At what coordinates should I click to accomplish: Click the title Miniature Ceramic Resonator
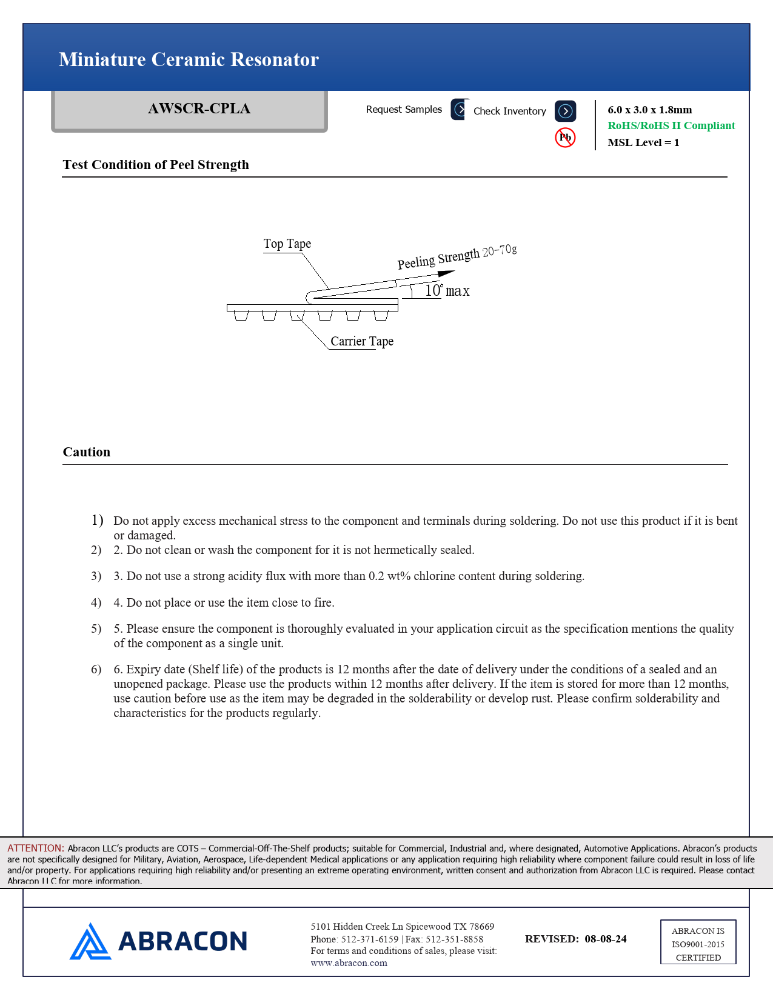pyautogui.click(x=189, y=59)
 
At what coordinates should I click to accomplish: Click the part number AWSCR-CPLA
pyautogui.click(x=199, y=108)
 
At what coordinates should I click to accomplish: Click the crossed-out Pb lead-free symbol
pyautogui.click(x=565, y=138)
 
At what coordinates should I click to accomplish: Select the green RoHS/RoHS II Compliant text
pyautogui.click(x=671, y=125)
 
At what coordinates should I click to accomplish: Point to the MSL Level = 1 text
pyautogui.click(x=643, y=142)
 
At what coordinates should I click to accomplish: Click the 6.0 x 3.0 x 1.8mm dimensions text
pyautogui.click(x=649, y=110)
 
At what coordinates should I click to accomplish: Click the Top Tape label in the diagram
pyautogui.click(x=287, y=244)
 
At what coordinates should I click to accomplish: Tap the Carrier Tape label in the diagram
pyautogui.click(x=362, y=341)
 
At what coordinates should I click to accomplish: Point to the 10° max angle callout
pyautogui.click(x=447, y=291)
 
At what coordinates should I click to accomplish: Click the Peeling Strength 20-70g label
pyautogui.click(x=457, y=257)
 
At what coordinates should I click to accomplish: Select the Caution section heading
pyautogui.click(x=87, y=452)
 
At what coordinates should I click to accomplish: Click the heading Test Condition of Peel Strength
pyautogui.click(x=156, y=165)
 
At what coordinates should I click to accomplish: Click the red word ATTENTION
pyautogui.click(x=36, y=848)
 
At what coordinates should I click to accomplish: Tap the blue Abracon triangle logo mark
pyautogui.click(x=90, y=941)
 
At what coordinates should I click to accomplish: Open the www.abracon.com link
pyautogui.click(x=349, y=963)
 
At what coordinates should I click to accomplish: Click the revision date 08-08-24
pyautogui.click(x=606, y=939)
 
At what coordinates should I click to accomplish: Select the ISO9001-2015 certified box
pyautogui.click(x=698, y=942)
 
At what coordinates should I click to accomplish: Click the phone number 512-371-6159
pyautogui.click(x=370, y=939)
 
